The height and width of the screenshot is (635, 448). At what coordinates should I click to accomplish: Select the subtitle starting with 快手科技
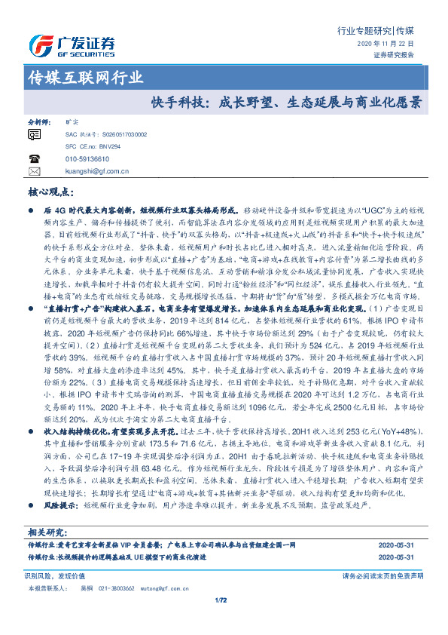pyautogui.click(x=286, y=100)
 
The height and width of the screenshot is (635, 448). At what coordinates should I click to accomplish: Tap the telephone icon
pyautogui.click(x=34, y=159)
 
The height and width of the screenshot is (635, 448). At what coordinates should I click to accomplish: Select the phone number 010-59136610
pyautogui.click(x=87, y=159)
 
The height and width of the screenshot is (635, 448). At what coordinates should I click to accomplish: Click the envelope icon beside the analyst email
pyautogui.click(x=34, y=172)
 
